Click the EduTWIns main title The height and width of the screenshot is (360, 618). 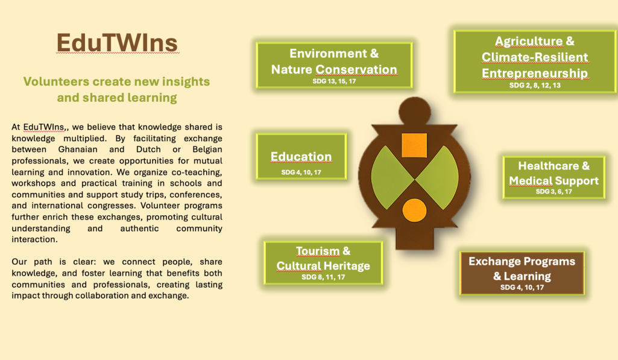118,43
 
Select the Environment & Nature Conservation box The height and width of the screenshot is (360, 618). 334,65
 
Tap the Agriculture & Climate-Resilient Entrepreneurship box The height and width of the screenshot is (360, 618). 535,62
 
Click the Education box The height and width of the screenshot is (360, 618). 301,157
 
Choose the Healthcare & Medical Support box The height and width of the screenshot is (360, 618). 553,177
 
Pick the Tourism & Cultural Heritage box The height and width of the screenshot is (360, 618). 323,263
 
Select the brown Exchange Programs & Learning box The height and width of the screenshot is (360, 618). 522,273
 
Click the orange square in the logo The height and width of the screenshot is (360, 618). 414,145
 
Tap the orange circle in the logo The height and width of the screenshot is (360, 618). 414,210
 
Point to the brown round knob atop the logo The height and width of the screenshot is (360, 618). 415,112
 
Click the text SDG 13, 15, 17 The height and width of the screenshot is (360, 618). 334,81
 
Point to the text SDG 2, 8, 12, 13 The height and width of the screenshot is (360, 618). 535,85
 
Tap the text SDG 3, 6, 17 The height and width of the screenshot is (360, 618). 553,192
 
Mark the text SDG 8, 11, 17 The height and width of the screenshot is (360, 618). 323,277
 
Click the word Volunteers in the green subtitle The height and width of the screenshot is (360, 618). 56,81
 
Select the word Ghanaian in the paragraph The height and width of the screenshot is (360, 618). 78,150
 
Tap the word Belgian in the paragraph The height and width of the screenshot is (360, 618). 207,150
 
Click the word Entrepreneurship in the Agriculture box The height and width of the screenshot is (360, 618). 535,74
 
